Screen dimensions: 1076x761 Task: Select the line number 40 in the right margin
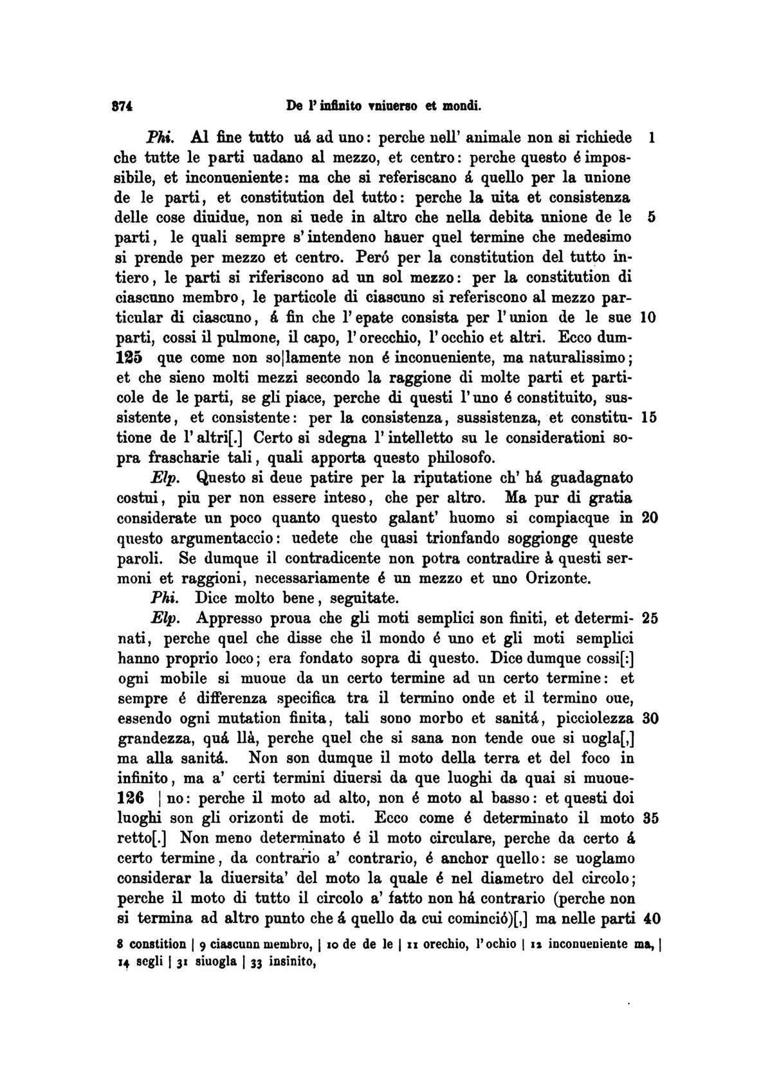coord(652,919)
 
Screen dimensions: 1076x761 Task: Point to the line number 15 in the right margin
coord(648,418)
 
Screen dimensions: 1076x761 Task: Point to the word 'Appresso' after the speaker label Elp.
coord(228,618)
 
